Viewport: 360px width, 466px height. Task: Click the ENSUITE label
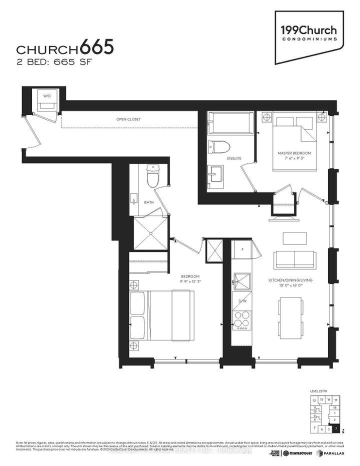[234, 158]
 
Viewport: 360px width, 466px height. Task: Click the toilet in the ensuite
[218, 147]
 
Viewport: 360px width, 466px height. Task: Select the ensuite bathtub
[230, 122]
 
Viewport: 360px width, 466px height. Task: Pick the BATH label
[148, 203]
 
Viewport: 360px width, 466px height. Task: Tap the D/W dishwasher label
[242, 300]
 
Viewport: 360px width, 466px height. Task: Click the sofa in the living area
[294, 259]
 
